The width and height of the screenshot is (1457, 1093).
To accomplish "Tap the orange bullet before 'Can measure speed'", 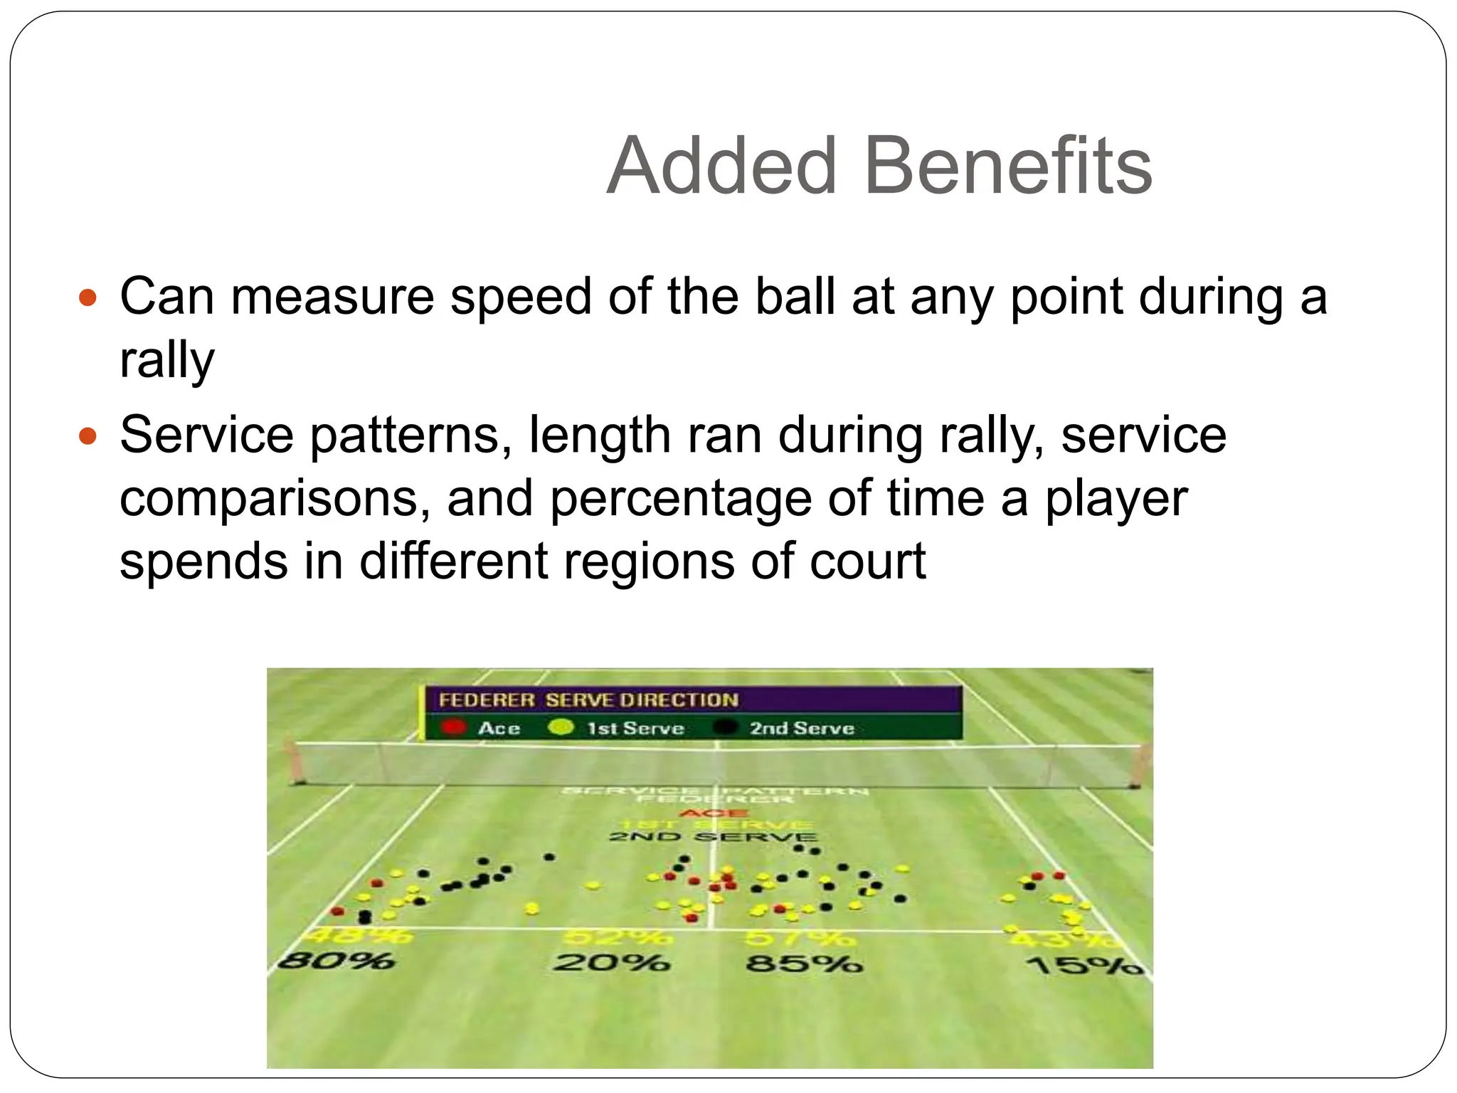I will tap(87, 297).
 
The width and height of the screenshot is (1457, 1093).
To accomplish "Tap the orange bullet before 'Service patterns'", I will tap(87, 435).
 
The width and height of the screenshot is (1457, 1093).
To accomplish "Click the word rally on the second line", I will tap(166, 360).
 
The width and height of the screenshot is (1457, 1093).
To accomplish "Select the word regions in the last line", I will tap(650, 561).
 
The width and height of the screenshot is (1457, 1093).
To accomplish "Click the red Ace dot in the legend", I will tap(453, 727).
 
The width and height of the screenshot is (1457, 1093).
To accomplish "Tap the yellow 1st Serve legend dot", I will tap(561, 727).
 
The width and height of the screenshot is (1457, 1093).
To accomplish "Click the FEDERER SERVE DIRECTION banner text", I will tap(588, 700).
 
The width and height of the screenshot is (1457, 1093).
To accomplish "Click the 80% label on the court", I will tap(336, 961).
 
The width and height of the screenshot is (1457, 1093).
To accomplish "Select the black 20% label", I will tap(612, 963).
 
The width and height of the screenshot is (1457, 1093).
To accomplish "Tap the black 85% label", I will tap(804, 964).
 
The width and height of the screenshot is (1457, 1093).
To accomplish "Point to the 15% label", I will tap(1085, 966).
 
